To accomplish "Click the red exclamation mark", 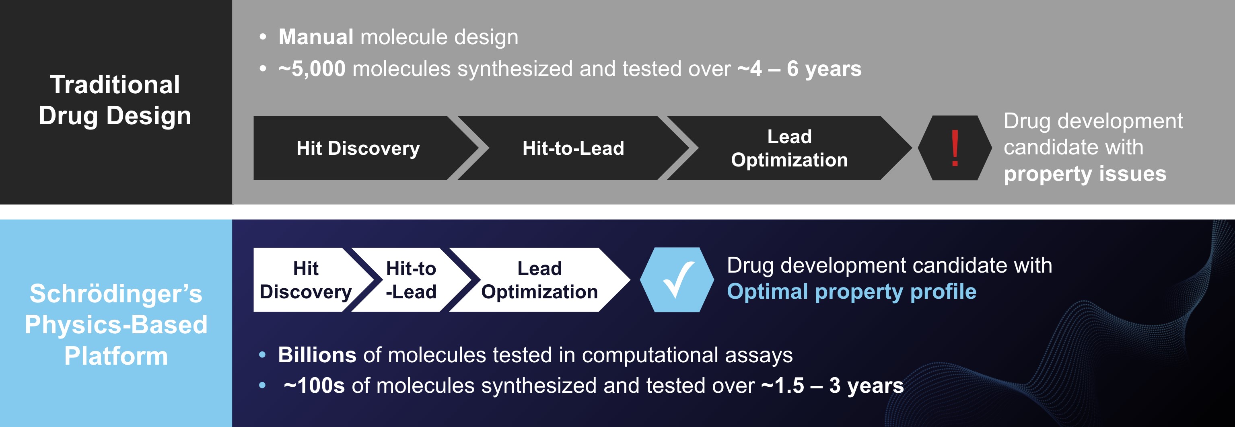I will [955, 148].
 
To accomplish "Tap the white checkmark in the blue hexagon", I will [677, 280].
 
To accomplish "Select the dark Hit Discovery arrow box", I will [358, 148].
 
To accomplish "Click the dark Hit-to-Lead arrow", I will [573, 148].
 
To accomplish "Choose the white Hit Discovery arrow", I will [305, 280].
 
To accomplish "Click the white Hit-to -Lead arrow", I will [411, 280].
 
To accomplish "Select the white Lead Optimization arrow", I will [539, 280].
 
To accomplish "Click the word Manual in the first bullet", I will [316, 37].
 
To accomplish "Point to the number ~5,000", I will [312, 68].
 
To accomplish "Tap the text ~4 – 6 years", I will [799, 68].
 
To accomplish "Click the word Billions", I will [317, 355].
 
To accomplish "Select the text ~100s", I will [314, 386].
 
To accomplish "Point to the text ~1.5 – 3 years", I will [832, 386].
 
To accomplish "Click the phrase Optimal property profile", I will [852, 292].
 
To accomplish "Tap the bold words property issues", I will [1085, 173].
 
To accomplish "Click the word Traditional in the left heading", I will [115, 85].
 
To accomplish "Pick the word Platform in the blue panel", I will [116, 356].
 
